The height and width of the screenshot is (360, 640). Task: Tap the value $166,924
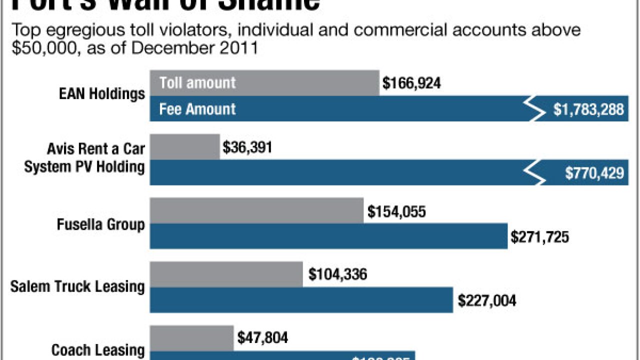411,83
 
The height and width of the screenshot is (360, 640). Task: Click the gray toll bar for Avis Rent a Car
184,147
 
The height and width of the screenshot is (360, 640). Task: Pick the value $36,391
247,147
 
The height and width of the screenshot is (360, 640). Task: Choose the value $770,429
594,173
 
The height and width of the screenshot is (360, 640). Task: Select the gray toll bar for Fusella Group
256,210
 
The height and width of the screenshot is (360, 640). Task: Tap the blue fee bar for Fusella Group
328,236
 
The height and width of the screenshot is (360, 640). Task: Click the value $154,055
396,211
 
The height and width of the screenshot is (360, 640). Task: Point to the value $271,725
539,237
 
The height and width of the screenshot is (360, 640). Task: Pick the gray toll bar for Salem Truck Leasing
226,274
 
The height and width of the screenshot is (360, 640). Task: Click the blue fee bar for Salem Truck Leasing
301,300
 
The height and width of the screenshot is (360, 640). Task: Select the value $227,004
487,300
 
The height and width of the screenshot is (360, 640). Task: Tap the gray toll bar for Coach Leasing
191,338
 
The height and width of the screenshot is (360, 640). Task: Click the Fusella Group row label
101,224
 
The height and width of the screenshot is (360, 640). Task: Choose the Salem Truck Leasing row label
77,287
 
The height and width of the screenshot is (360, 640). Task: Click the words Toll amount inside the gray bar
197,82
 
